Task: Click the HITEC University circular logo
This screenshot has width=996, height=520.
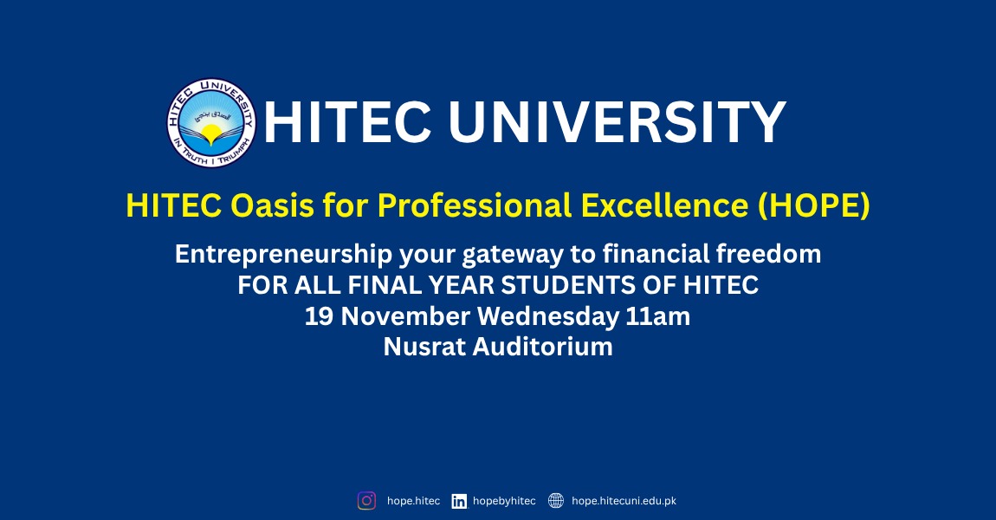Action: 211,123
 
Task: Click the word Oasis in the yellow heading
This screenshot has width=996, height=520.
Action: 272,205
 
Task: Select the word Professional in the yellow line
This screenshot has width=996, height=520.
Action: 475,206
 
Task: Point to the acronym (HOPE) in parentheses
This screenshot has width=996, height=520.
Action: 814,206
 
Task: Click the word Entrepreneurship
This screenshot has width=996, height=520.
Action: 283,254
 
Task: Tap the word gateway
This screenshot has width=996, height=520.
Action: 512,255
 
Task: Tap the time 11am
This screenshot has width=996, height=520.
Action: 658,316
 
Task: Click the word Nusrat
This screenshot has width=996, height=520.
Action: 424,347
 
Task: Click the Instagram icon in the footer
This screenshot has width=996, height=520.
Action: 366,501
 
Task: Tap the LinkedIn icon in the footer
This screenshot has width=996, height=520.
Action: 459,502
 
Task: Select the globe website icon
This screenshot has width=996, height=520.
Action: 556,501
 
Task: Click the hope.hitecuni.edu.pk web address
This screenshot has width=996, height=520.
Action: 624,501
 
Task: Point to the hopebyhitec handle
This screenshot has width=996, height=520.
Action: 504,501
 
